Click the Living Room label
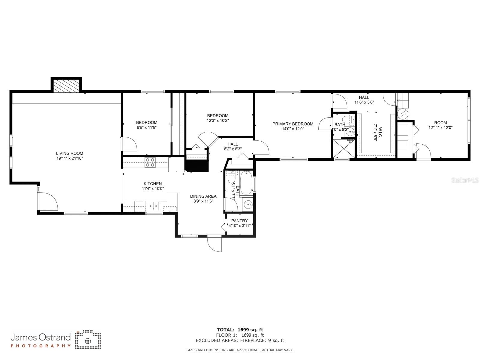pos(70,153)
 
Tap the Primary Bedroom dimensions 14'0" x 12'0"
pos(293,129)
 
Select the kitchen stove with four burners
pos(150,162)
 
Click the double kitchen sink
pos(153,206)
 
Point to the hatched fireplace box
pos(67,85)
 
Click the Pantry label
pos(239,221)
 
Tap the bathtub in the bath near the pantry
pos(246,183)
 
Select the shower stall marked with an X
pos(344,148)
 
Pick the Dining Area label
pos(203,196)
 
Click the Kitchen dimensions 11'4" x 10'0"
pos(153,188)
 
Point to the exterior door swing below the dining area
pos(214,244)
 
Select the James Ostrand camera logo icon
pos(88,339)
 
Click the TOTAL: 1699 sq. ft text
pos(240,330)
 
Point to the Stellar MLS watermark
pos(465,180)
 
